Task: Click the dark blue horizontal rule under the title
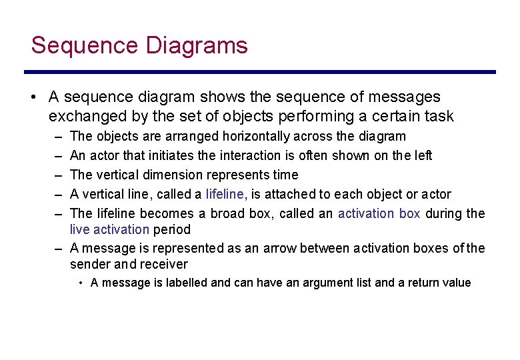260,72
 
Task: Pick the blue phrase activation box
379,213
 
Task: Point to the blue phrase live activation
109,229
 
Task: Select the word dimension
180,175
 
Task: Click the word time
285,175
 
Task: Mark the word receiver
165,263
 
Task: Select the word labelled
185,283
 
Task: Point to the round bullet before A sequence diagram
33,97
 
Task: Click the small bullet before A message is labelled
81,283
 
